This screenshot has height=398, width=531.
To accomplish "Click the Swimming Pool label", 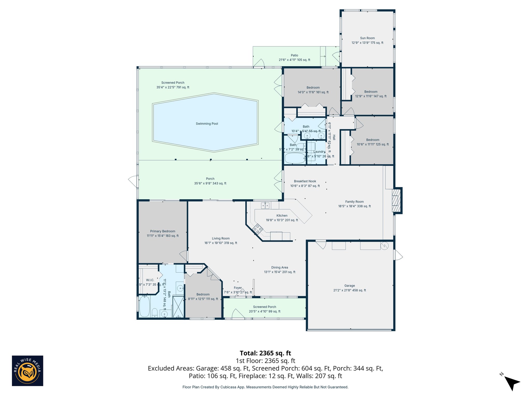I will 207,124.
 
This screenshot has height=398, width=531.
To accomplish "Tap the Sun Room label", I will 367,38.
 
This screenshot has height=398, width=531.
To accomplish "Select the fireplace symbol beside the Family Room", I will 396,200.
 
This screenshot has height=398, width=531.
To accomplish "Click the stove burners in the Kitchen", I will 258,229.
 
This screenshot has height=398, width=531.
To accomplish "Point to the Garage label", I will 350,286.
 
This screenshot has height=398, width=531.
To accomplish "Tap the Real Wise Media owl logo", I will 27,371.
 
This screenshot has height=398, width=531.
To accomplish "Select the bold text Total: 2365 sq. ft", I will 265,353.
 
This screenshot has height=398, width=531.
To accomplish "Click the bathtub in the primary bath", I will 144,306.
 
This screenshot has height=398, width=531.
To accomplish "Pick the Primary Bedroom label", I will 163,231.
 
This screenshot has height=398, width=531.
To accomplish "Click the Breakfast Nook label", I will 305,181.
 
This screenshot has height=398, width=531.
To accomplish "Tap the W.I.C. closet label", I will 150,280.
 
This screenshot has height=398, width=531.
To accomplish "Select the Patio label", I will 294,55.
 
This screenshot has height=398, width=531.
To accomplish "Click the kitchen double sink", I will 265,206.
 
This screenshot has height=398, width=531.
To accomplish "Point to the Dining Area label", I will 280,267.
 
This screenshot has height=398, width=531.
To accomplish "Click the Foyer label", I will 238,288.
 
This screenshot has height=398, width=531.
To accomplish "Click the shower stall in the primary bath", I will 178,307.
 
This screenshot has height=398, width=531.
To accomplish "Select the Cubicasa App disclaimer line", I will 265,387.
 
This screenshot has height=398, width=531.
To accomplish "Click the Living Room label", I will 221,238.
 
